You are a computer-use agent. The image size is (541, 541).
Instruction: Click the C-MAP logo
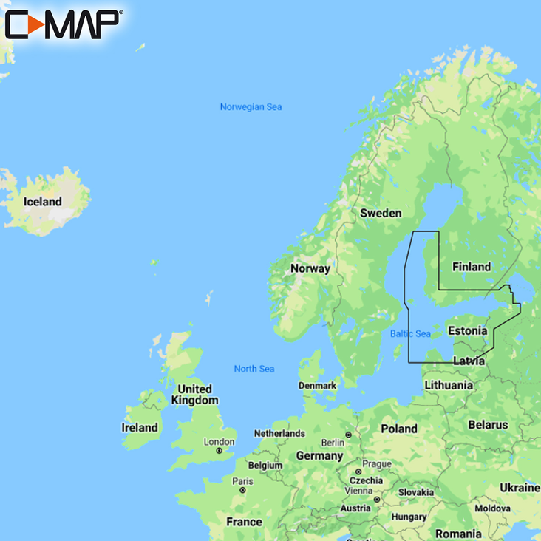(x=62, y=24)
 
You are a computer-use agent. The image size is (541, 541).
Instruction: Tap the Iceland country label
(x=42, y=202)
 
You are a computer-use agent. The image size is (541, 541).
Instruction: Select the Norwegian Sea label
(x=251, y=107)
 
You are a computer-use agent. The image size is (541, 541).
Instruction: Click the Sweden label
(x=381, y=213)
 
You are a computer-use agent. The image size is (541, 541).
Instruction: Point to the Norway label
(x=310, y=268)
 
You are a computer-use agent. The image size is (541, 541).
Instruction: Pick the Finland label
(x=471, y=267)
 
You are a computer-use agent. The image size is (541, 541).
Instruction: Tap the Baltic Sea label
(x=410, y=334)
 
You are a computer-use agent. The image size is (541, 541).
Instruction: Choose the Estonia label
(x=468, y=330)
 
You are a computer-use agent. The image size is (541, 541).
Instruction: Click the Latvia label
(x=469, y=361)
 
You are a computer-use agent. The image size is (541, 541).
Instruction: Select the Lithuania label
(x=449, y=385)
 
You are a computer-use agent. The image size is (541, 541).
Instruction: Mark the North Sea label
(x=254, y=369)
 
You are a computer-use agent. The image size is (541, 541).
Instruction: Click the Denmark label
(x=317, y=386)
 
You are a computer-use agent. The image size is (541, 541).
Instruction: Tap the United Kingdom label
(x=194, y=395)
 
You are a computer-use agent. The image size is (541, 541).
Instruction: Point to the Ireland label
(x=140, y=427)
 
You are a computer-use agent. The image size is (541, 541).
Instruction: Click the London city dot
(x=219, y=451)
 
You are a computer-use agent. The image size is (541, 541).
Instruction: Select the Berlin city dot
(x=348, y=435)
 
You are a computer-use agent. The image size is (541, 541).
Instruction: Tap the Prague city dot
(x=358, y=472)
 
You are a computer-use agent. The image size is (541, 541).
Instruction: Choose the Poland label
(x=398, y=429)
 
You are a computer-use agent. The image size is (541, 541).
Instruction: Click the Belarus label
(x=488, y=425)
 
